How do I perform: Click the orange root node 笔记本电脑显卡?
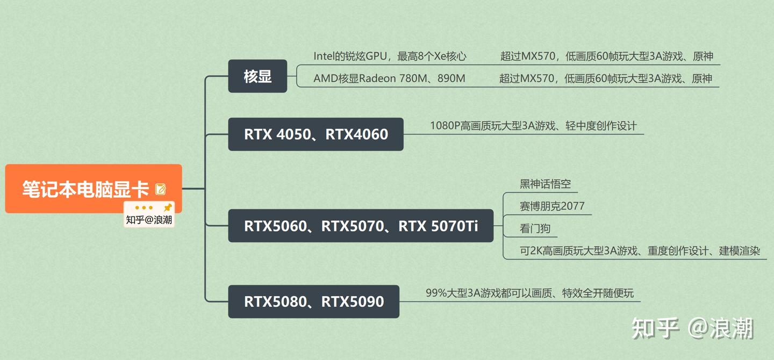[x=86, y=189]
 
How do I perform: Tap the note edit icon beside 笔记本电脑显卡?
[x=160, y=189]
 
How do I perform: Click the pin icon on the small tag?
[x=168, y=207]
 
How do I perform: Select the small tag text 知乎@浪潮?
[x=149, y=220]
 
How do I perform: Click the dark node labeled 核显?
[x=257, y=76]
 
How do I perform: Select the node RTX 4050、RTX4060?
[x=316, y=134]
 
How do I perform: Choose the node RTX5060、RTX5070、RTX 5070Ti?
[x=361, y=226]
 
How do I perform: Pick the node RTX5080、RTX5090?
[x=313, y=301]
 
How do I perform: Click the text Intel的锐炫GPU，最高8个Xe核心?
[x=390, y=56]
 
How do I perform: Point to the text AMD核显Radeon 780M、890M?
[x=389, y=78]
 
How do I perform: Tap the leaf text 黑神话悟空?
[x=545, y=184]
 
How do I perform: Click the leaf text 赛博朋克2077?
[x=552, y=206]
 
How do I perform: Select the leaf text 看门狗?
[x=535, y=228]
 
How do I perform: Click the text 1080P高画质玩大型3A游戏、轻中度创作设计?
[x=533, y=126]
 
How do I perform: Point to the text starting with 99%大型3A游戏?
[x=529, y=293]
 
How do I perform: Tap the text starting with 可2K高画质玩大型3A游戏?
[x=640, y=251]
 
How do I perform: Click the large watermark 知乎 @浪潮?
[x=692, y=328]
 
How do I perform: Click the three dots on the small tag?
[x=144, y=207]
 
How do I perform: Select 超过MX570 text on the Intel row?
[x=606, y=56]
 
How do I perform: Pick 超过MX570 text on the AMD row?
[x=606, y=78]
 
